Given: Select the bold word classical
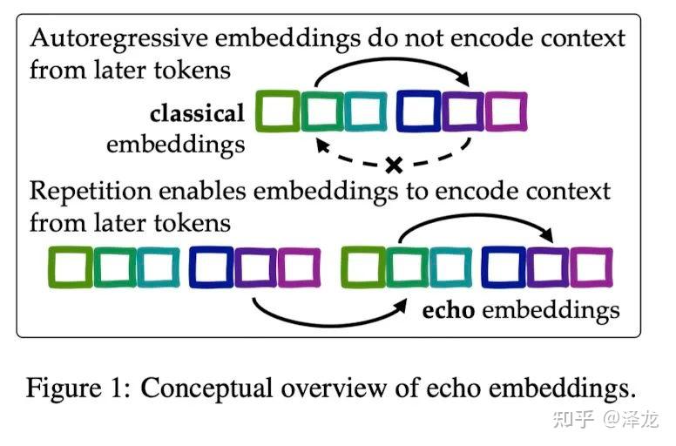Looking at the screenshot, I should tap(197, 114).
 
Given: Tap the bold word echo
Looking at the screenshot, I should tap(449, 310).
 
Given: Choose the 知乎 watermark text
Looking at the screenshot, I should tap(576, 420).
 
